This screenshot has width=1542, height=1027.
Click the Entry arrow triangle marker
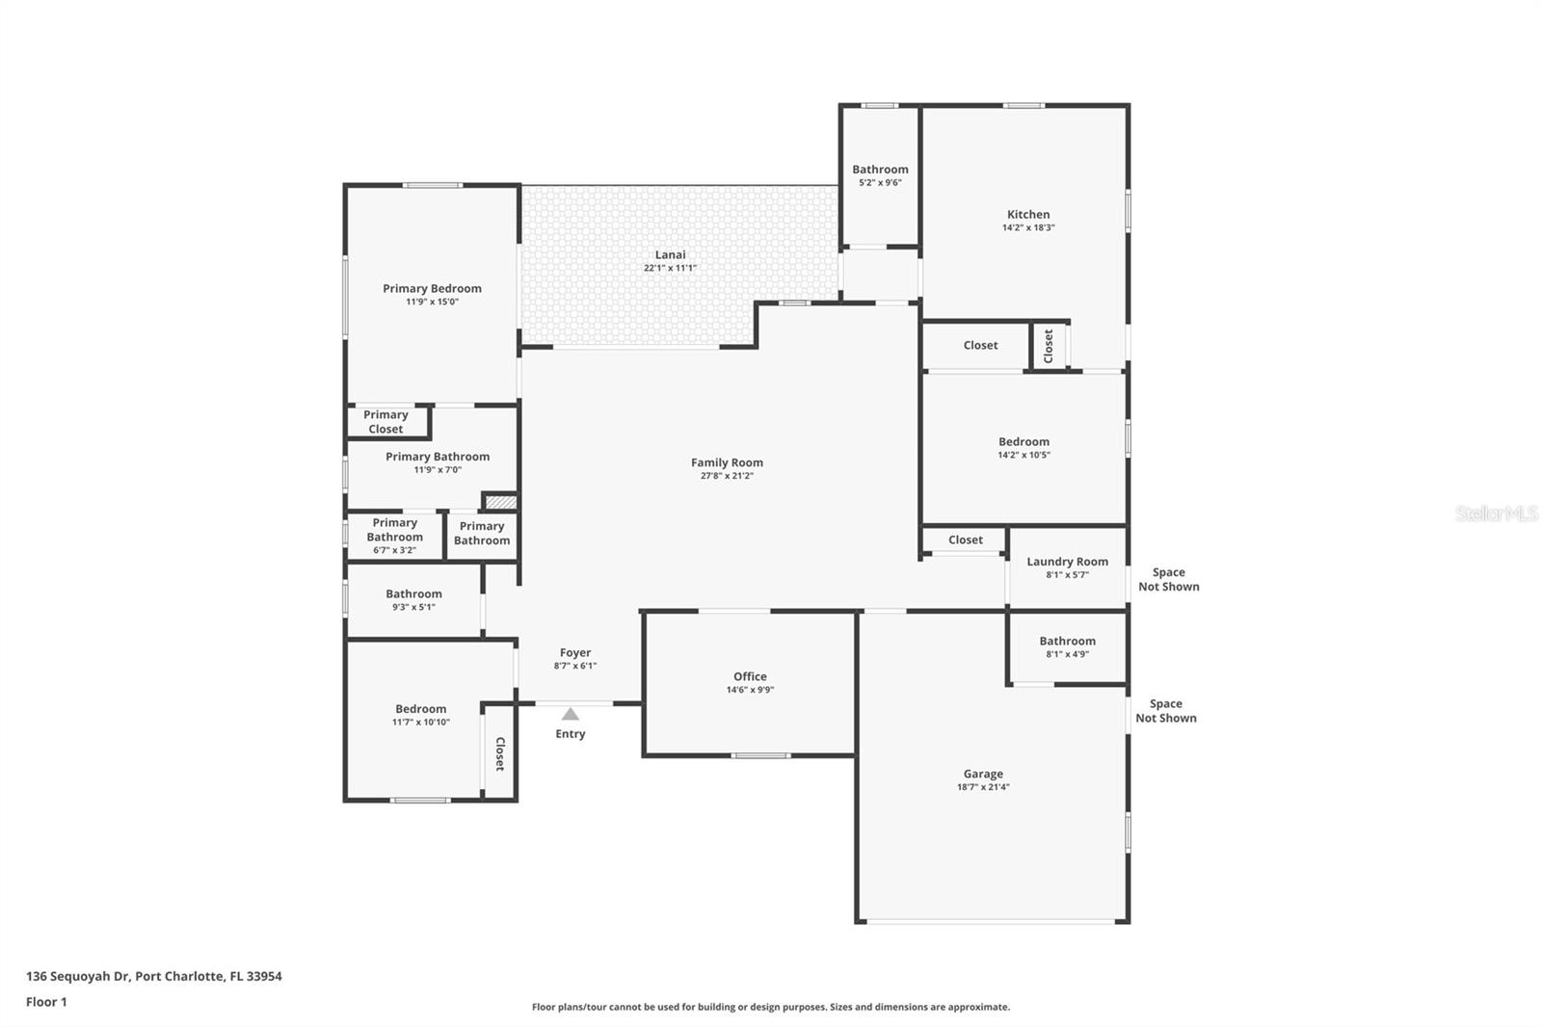coord(570,714)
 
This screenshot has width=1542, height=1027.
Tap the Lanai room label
coord(670,254)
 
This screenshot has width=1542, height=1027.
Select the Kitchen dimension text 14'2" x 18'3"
coord(1028,227)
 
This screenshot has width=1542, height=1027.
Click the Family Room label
coord(727,462)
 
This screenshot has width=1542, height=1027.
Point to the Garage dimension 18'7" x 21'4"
coord(983,787)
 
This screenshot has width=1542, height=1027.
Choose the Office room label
coord(750,676)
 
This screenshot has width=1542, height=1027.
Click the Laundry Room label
coord(1067,562)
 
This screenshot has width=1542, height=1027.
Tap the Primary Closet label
coord(385,422)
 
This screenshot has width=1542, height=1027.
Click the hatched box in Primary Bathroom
coord(500,502)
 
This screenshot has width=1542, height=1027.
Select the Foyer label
coord(574,652)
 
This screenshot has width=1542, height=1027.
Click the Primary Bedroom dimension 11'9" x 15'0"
coord(432,302)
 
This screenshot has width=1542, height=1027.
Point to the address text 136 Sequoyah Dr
coord(78,976)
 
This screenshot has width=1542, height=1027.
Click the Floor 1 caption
coord(46,1002)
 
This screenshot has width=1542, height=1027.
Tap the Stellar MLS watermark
coord(1496,513)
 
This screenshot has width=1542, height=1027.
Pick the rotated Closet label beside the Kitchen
coord(1048,346)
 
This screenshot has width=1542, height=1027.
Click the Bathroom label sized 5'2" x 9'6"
coord(880,170)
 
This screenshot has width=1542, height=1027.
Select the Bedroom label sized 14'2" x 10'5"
coord(1024,442)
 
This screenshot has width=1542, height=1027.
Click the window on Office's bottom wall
coord(760,755)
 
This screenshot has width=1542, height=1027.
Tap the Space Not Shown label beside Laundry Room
coord(1168,580)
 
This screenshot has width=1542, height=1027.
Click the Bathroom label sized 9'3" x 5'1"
coord(413,594)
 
